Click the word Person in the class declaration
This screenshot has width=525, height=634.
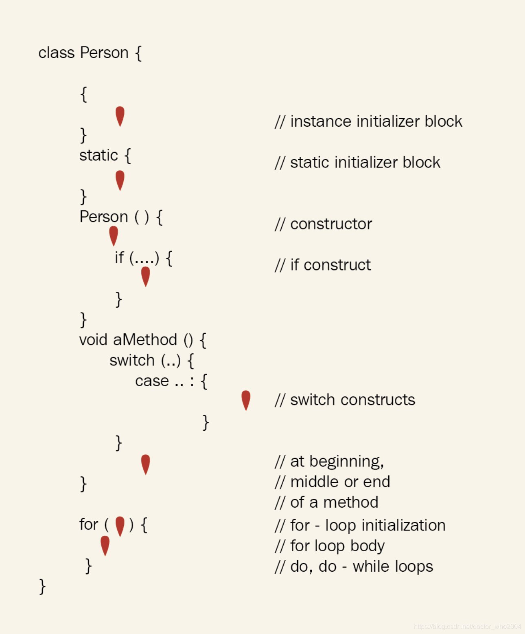point(104,53)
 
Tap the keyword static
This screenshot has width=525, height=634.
point(98,155)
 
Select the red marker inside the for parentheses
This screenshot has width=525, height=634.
point(120,526)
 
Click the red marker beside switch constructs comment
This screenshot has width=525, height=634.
point(246,400)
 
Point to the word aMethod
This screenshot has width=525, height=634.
point(145,340)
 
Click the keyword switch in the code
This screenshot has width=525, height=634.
point(132,361)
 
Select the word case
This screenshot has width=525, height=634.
point(152,381)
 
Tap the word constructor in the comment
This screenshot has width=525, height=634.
point(331,224)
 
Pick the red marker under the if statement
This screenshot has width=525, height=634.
point(145,276)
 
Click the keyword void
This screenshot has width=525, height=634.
point(93,340)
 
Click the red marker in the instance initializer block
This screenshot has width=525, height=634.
point(120,116)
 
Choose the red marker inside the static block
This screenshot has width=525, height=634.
point(120,180)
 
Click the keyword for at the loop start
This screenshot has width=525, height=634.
point(89,524)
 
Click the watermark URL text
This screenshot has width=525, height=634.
point(467,627)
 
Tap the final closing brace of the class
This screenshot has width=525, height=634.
point(42,587)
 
